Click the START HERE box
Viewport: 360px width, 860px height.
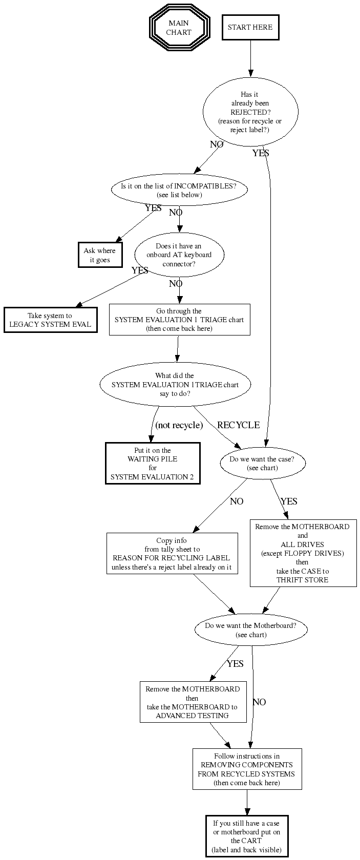[250, 28]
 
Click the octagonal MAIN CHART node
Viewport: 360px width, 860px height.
[179, 28]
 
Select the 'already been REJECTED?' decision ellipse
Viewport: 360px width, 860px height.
[250, 112]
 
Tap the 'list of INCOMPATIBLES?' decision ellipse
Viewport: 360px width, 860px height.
[179, 190]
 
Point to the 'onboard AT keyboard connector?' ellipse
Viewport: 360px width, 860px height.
[179, 255]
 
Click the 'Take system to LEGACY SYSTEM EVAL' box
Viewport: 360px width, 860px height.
[50, 320]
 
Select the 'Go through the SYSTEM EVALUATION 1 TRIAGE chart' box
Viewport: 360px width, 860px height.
[179, 320]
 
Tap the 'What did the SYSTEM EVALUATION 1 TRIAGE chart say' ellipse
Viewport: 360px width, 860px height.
[175, 385]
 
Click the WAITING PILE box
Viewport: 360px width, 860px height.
[153, 464]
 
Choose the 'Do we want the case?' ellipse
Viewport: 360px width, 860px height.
[262, 464]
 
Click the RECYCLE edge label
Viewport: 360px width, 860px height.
[238, 425]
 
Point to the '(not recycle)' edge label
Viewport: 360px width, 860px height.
[179, 425]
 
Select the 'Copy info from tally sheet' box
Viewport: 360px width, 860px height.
[172, 554]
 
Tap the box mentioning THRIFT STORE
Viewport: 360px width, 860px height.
[303, 553]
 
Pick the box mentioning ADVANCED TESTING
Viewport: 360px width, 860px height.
[192, 702]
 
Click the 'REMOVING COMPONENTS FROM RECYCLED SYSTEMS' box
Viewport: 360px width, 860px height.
[247, 769]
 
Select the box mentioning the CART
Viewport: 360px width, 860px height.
[247, 836]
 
